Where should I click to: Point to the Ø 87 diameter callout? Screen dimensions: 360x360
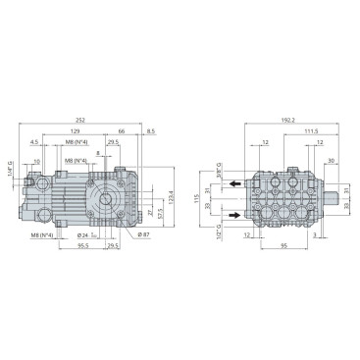[x=142, y=235]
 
